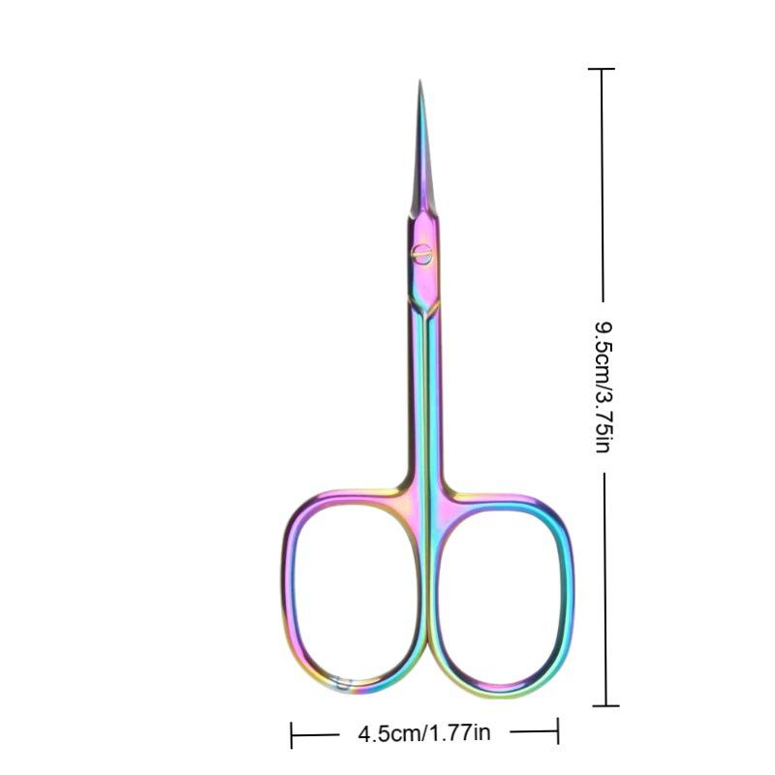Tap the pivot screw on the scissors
pyautogui.click(x=421, y=253)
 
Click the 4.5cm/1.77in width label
pyautogui.click(x=424, y=733)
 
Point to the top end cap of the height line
pyautogui.click(x=602, y=69)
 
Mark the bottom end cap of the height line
pyautogui.click(x=605, y=706)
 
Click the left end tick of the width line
pyautogui.click(x=292, y=734)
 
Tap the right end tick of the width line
pyautogui.click(x=558, y=731)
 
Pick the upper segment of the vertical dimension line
pyautogui.click(x=603, y=184)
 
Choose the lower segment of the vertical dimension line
pyautogui.click(x=605, y=591)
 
